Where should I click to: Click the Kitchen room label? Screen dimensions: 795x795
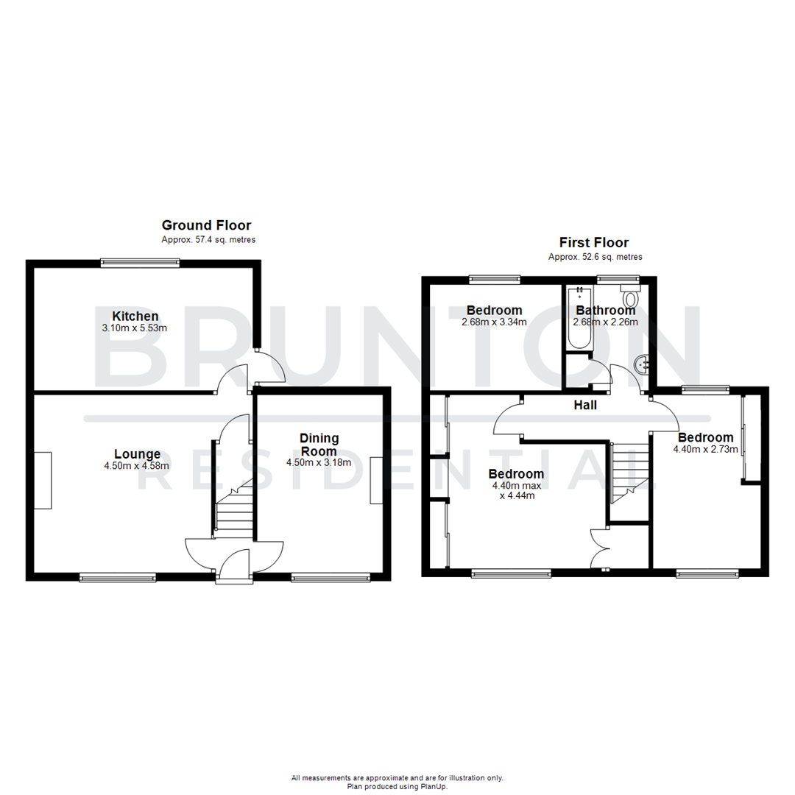click(x=135, y=316)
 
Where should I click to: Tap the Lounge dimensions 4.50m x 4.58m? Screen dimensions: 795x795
click(x=137, y=465)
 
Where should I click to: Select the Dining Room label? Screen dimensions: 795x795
click(x=319, y=445)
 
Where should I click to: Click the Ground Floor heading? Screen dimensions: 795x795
click(x=206, y=225)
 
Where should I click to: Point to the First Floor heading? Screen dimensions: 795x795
click(x=594, y=242)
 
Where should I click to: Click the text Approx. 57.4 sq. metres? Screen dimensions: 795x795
click(x=208, y=240)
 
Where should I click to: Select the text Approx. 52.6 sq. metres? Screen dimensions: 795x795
click(x=595, y=257)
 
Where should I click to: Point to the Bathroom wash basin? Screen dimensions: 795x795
click(x=642, y=364)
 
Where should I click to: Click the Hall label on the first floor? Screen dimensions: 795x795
click(x=586, y=405)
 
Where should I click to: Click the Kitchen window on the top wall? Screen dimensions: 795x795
click(x=140, y=261)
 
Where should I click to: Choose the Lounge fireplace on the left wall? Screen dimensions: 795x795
click(x=43, y=480)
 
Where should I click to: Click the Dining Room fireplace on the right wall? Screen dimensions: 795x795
click(x=376, y=480)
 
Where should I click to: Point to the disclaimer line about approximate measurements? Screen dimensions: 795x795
click(x=397, y=777)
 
